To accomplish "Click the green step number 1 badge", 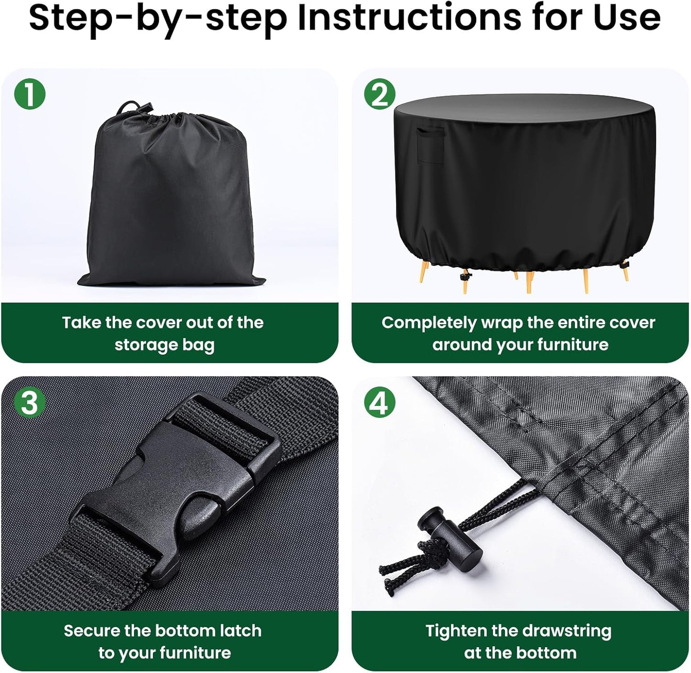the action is point(30,94).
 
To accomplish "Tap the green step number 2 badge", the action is point(380,94).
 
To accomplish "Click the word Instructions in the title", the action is point(409,18).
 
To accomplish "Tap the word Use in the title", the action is point(627,18).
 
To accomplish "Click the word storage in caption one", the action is point(145,345).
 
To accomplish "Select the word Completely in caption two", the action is point(429,323).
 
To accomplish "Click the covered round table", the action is point(524,192).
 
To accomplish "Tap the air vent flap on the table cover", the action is point(431,145).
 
